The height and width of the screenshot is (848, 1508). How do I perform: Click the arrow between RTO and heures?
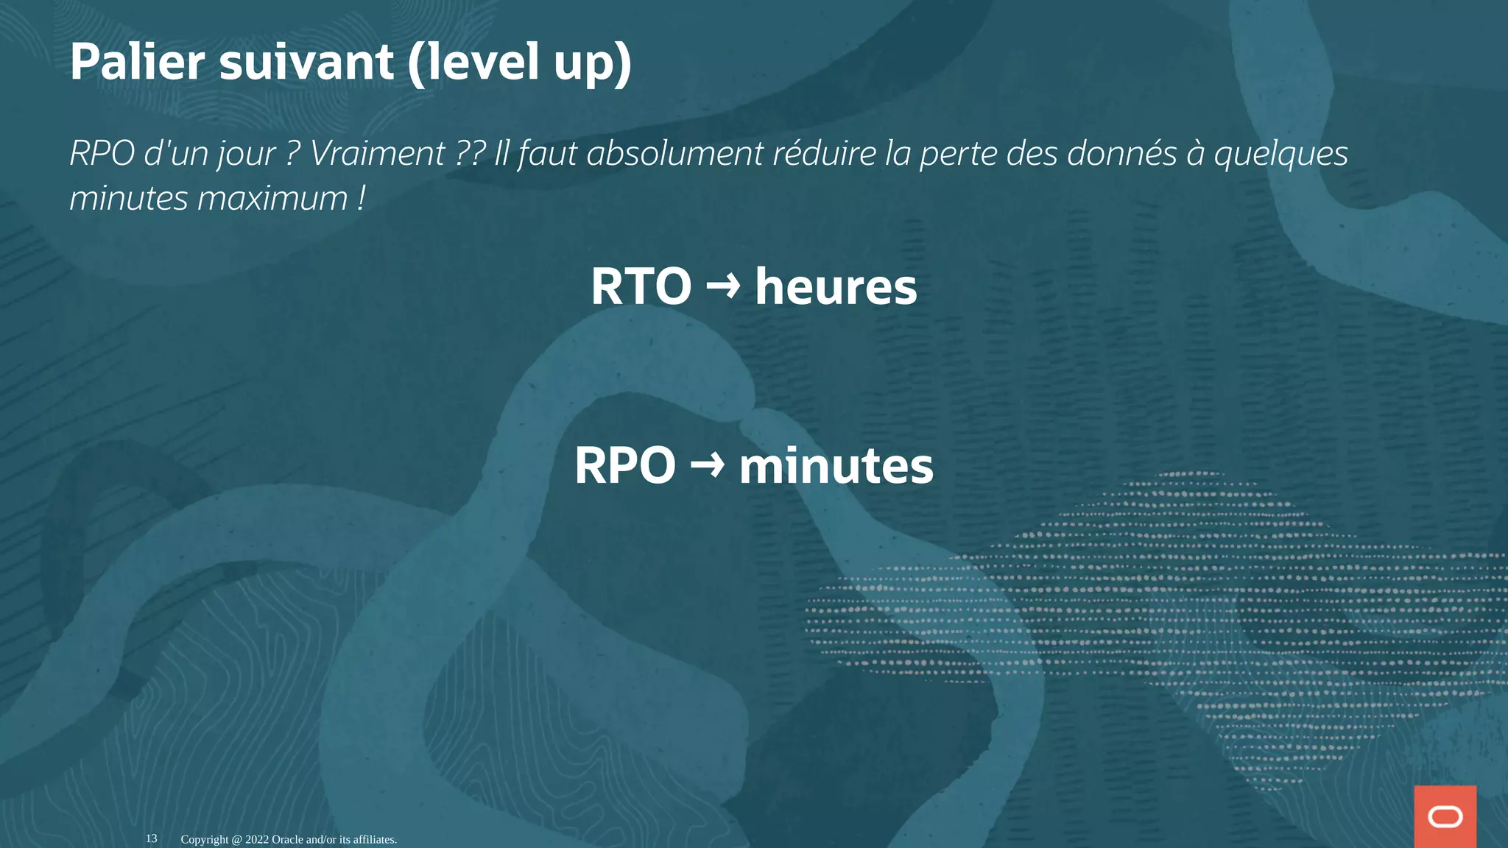click(x=723, y=284)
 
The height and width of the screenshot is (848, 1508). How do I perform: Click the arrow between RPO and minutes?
click(x=707, y=464)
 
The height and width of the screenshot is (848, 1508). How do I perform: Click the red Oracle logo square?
click(x=1445, y=816)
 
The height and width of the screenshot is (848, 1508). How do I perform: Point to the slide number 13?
click(x=151, y=838)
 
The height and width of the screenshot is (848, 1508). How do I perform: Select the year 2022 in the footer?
click(x=257, y=839)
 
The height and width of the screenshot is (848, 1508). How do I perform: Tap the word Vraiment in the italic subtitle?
click(x=377, y=154)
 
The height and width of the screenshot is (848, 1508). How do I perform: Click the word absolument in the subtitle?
click(x=674, y=154)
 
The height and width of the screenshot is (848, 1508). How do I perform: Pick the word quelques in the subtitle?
click(x=1280, y=154)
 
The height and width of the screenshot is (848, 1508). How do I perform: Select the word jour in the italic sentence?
click(x=246, y=154)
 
